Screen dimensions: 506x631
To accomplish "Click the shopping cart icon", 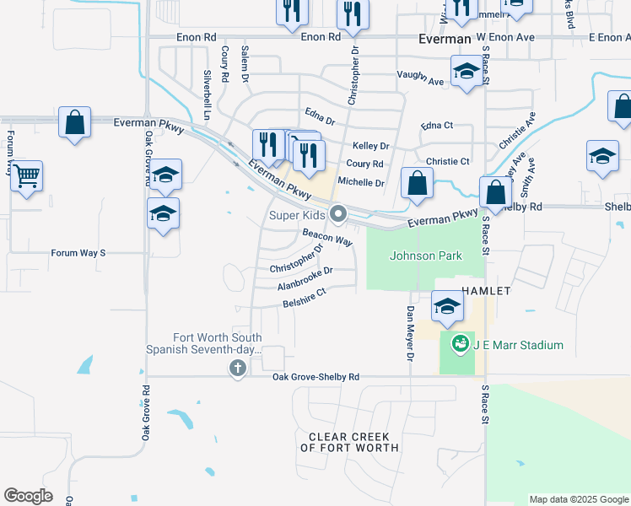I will point(27,177).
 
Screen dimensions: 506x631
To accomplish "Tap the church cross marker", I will point(238,368).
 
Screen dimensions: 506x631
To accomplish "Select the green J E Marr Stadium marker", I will point(460,344).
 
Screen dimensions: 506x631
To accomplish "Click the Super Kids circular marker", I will point(338,215).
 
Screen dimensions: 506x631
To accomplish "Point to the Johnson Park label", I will point(425,256).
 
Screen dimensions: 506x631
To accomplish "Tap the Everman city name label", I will point(445,39).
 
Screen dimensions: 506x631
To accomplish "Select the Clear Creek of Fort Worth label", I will point(349,442).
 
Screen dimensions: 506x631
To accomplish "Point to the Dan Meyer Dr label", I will point(411,333).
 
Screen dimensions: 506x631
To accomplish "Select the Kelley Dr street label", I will point(370,146).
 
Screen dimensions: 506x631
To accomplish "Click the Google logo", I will point(28,496).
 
